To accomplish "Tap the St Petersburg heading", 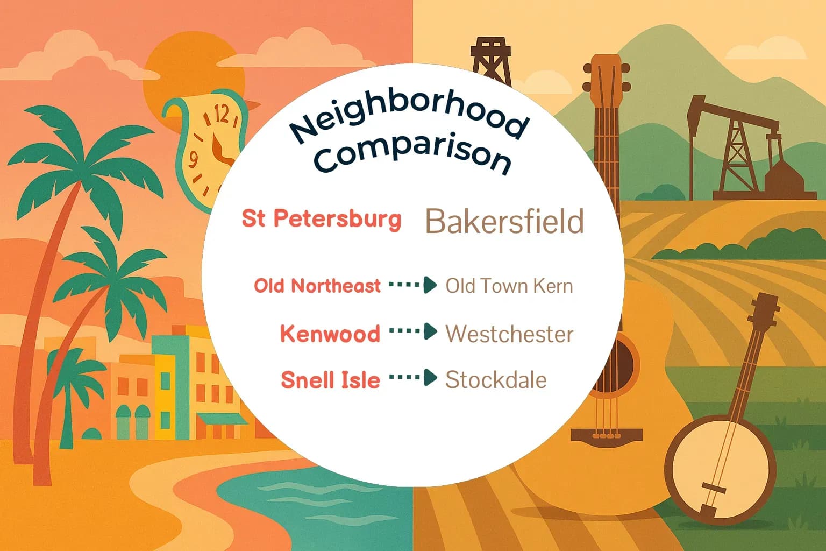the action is (x=322, y=219).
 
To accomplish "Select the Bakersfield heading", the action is (x=504, y=221).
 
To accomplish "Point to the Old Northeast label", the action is (x=317, y=286).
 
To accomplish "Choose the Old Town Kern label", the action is (x=509, y=286).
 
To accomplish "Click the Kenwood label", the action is (x=330, y=334).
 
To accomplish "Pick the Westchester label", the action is (x=509, y=334).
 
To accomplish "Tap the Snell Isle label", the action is (x=330, y=380).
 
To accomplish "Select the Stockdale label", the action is (x=495, y=380).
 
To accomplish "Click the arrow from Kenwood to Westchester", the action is (x=412, y=332).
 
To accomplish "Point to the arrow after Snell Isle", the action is (x=412, y=378).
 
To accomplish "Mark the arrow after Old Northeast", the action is (x=412, y=285).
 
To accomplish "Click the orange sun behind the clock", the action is (x=172, y=75).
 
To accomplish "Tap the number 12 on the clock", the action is (x=222, y=114).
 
